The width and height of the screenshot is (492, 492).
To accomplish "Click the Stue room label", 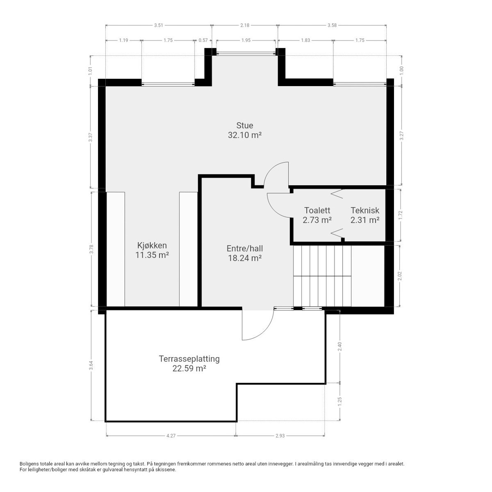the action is click(244, 125).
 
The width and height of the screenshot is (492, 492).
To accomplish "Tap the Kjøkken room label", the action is click(152, 245).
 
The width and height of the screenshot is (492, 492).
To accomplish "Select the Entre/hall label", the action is click(245, 248).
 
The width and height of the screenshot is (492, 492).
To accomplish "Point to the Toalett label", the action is click(317, 210).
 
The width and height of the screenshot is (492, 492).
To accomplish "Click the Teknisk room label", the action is click(365, 210).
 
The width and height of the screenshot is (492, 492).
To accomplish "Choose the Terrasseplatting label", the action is click(189, 359).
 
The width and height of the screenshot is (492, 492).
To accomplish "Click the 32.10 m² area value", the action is click(245, 135).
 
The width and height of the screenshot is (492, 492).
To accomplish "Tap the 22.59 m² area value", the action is click(189, 369).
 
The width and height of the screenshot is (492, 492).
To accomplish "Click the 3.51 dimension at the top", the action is click(159, 25).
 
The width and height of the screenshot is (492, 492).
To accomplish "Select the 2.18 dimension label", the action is click(245, 25).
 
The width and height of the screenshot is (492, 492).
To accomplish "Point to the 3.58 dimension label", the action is click(332, 25).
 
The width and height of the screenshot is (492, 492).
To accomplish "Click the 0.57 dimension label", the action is click(203, 40).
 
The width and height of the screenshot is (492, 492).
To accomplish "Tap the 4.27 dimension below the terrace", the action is click(171, 436).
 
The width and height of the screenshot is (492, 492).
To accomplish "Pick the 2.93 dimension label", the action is click(280, 436).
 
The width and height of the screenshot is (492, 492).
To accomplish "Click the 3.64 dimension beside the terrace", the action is click(91, 365).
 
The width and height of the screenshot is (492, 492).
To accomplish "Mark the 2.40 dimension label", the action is click(339, 346).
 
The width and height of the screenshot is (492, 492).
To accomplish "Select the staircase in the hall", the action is click(322, 276).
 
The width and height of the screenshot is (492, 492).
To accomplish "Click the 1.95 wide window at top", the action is click(246, 53).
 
